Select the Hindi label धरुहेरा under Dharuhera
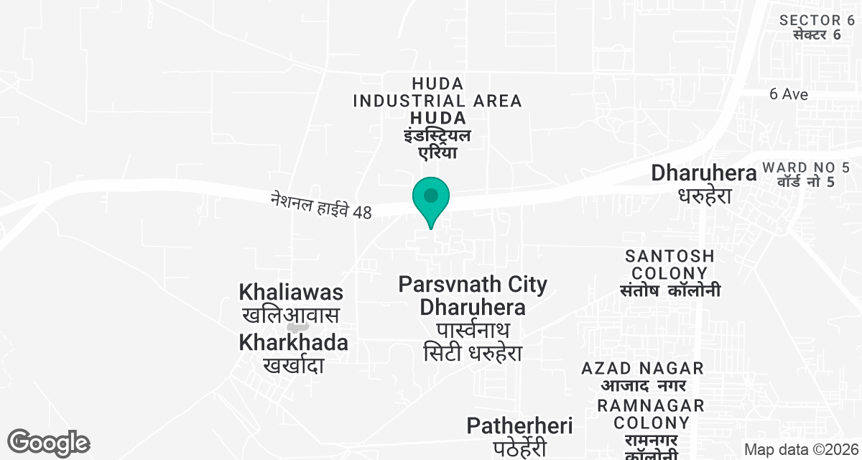pos(704,195)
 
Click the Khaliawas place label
pos(291,293)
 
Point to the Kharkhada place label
pos(293,342)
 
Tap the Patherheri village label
pos(519,425)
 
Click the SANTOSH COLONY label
pos(669,264)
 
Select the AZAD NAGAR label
pos(643,368)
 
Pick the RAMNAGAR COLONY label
pos(651,414)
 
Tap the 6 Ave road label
pos(788,94)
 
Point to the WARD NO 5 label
pos(797,167)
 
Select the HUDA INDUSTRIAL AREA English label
pos(437,93)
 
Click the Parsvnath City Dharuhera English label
pos(473,295)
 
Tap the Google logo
pos(48,443)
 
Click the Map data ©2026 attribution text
pos(801,449)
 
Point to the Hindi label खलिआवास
pos(290,316)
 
